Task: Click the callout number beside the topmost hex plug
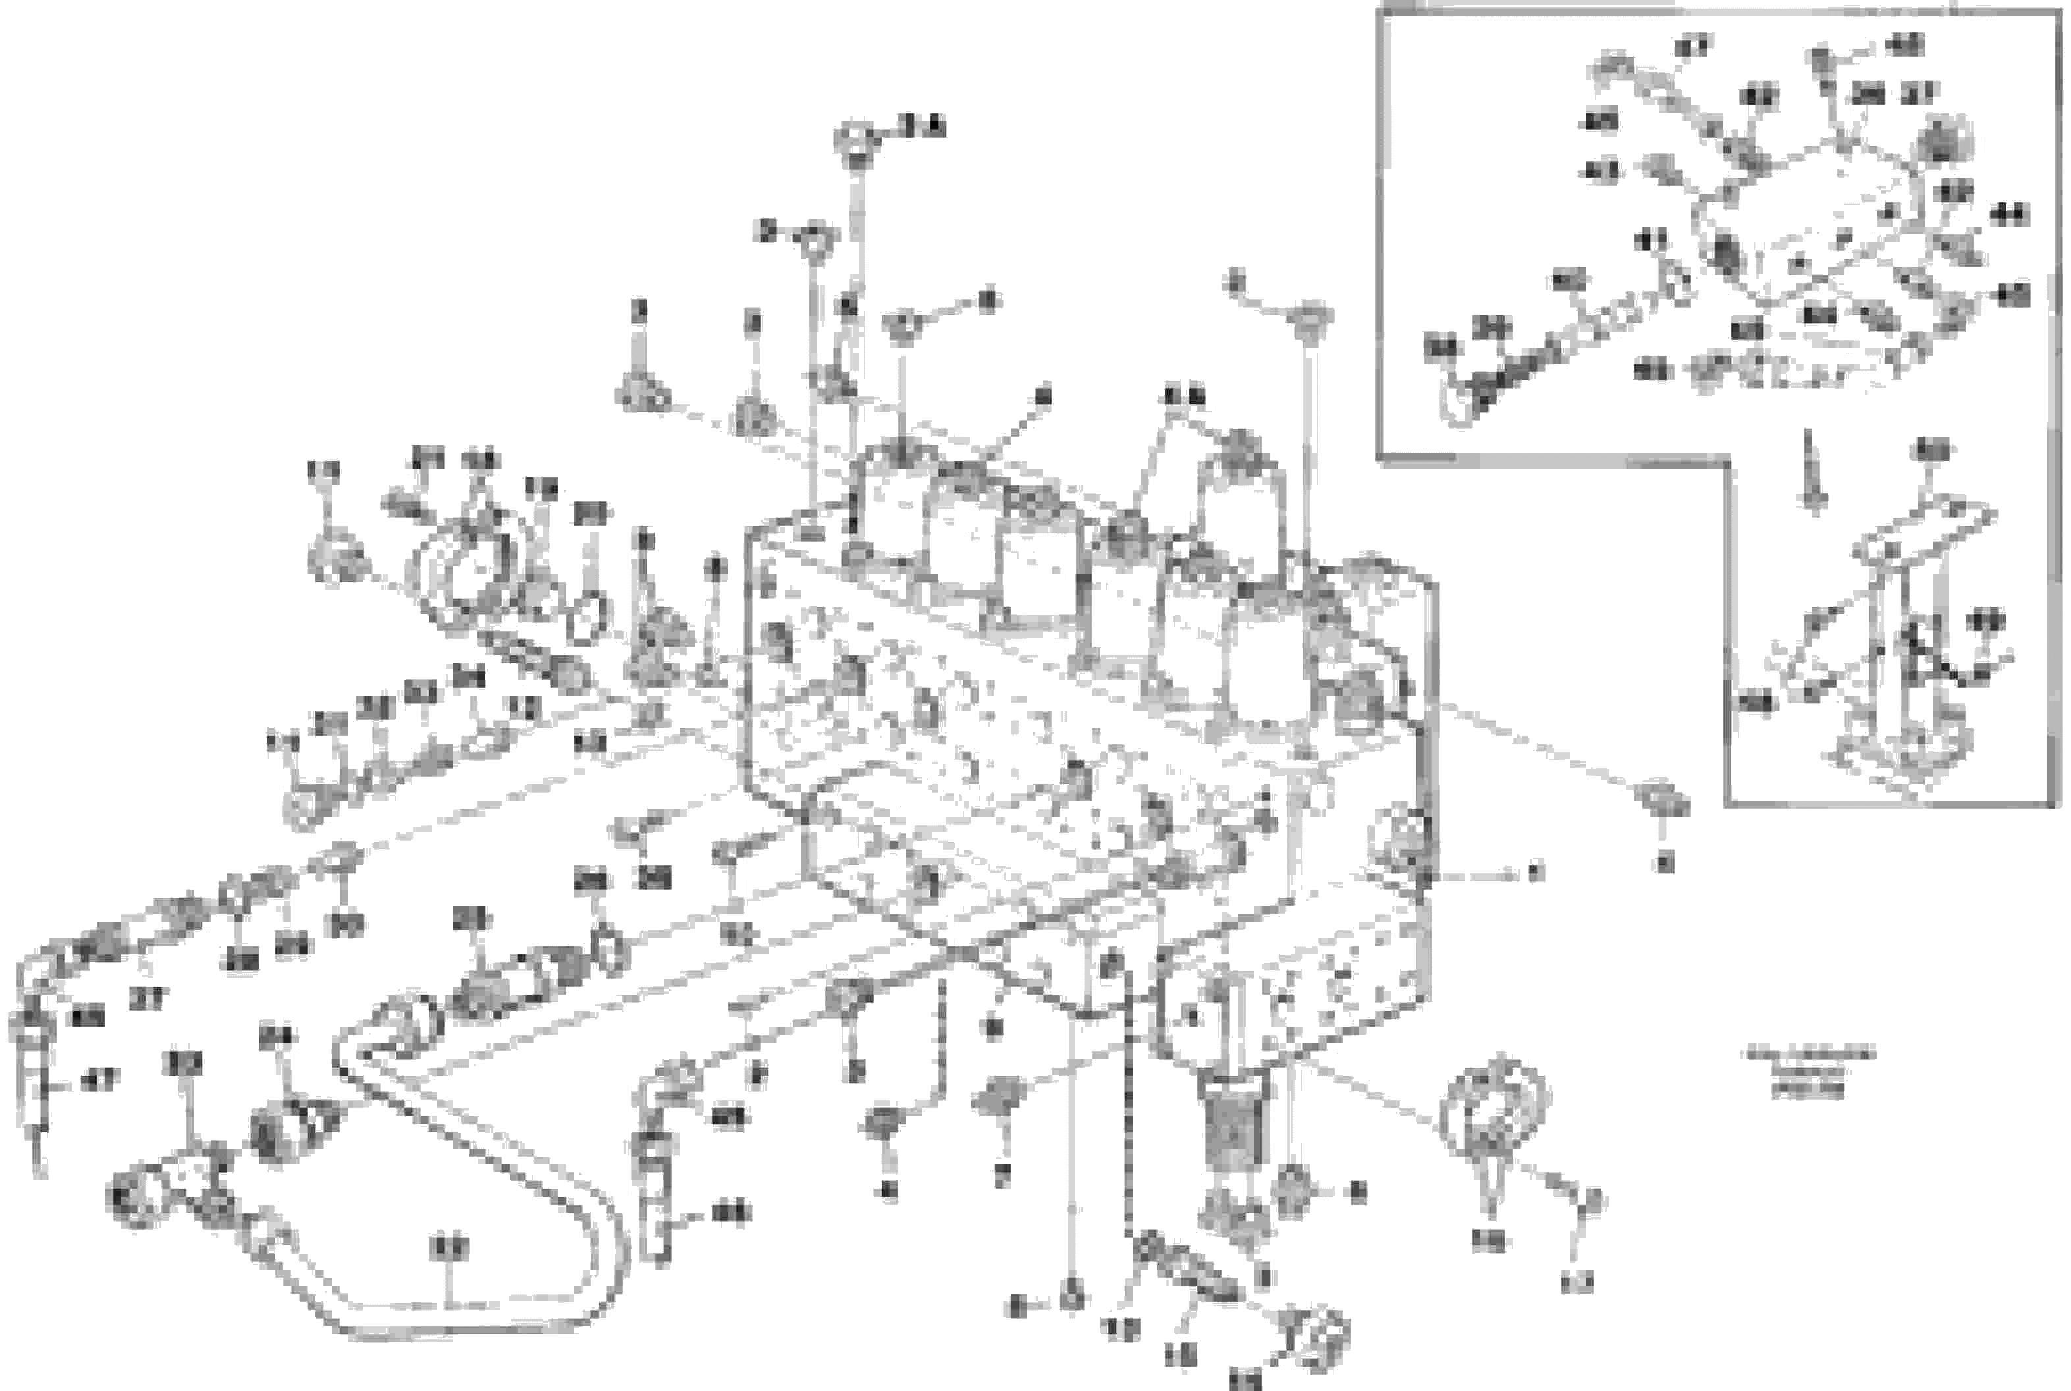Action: click(923, 126)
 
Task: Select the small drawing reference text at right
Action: click(1810, 1072)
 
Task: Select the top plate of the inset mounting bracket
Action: click(1925, 532)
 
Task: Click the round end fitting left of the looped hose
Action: click(133, 1197)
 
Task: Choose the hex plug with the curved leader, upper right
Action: click(1311, 319)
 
